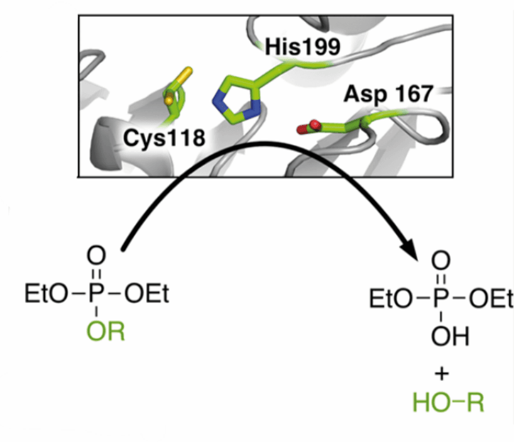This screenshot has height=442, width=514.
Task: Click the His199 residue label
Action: tap(303, 47)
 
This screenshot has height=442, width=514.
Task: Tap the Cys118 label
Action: tap(164, 138)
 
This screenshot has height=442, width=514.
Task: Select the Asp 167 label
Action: tap(389, 94)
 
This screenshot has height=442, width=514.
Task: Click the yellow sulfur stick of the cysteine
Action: tap(182, 76)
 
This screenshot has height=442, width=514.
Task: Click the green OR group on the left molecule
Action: tap(106, 331)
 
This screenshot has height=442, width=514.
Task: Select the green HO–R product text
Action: tap(448, 403)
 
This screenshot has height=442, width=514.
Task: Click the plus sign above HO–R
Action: tap(442, 374)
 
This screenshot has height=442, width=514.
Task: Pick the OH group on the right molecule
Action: tap(450, 336)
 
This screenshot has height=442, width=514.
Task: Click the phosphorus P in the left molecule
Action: tap(95, 293)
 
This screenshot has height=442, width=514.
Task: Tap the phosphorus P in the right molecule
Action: tap(440, 299)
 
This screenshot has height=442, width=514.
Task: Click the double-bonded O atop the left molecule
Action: tap(96, 255)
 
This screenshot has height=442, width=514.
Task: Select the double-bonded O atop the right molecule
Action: tap(441, 260)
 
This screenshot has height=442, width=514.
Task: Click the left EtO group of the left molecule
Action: tap(46, 293)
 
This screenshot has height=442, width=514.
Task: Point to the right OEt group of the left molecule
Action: tap(147, 293)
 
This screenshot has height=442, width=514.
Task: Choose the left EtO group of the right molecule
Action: tap(391, 299)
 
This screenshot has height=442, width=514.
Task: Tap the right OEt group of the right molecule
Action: tap(491, 299)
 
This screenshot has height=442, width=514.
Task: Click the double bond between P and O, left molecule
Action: tap(96, 274)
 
